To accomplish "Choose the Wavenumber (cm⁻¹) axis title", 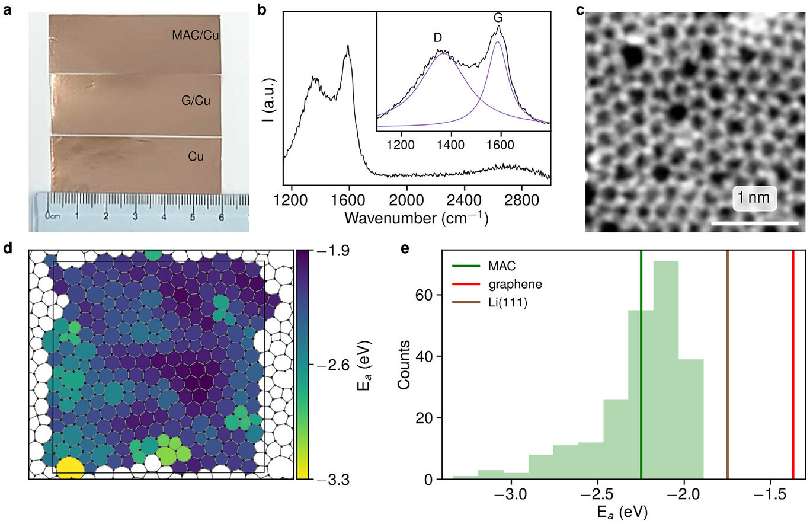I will coord(416,218).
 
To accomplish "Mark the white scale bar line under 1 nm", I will coord(754,223).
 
